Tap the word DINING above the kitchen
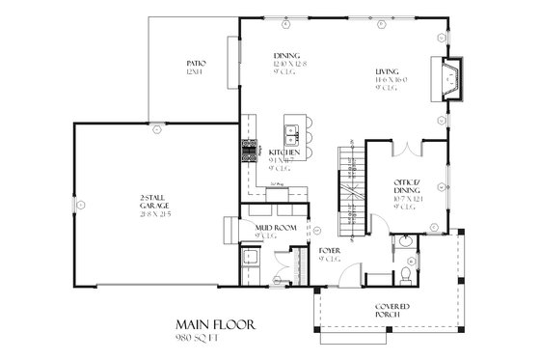(286, 55)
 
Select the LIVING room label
(389, 70)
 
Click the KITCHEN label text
(283, 152)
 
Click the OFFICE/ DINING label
(406, 184)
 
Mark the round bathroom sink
(408, 242)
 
